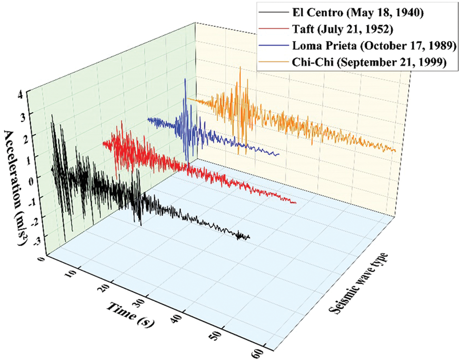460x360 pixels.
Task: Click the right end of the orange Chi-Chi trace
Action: click(396, 151)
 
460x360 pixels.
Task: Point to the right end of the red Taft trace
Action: click(295, 203)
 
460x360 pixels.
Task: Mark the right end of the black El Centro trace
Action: click(249, 237)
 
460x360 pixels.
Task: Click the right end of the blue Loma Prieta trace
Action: click(279, 155)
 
